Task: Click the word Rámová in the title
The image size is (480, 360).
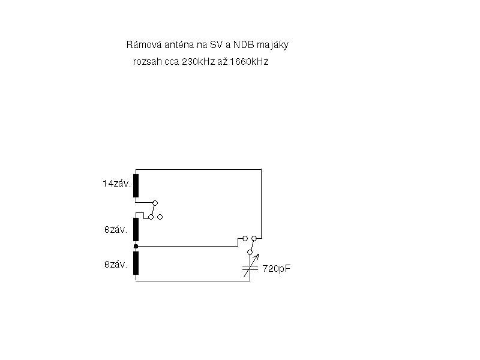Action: tap(144, 44)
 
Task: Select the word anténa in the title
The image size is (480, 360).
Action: tap(179, 44)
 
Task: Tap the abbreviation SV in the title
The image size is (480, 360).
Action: tap(216, 44)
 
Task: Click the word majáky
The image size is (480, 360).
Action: tap(273, 46)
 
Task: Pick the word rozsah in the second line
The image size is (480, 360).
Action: tap(147, 62)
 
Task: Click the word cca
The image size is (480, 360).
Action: tap(172, 62)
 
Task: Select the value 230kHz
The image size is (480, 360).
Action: tap(199, 62)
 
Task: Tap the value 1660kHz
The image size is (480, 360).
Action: tap(249, 62)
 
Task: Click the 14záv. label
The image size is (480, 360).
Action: tap(116, 184)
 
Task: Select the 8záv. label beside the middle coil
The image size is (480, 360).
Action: tap(116, 230)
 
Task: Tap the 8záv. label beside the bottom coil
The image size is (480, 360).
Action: tap(116, 264)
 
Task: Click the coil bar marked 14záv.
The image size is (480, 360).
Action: tap(136, 185)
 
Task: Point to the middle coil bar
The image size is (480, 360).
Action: tap(136, 229)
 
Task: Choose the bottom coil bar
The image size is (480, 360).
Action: tap(136, 263)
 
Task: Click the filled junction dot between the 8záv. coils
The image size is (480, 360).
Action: tap(136, 246)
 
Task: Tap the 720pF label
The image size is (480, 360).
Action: tap(277, 268)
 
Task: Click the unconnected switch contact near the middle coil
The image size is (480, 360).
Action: tap(160, 217)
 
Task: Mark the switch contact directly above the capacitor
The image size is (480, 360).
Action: tap(250, 252)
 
